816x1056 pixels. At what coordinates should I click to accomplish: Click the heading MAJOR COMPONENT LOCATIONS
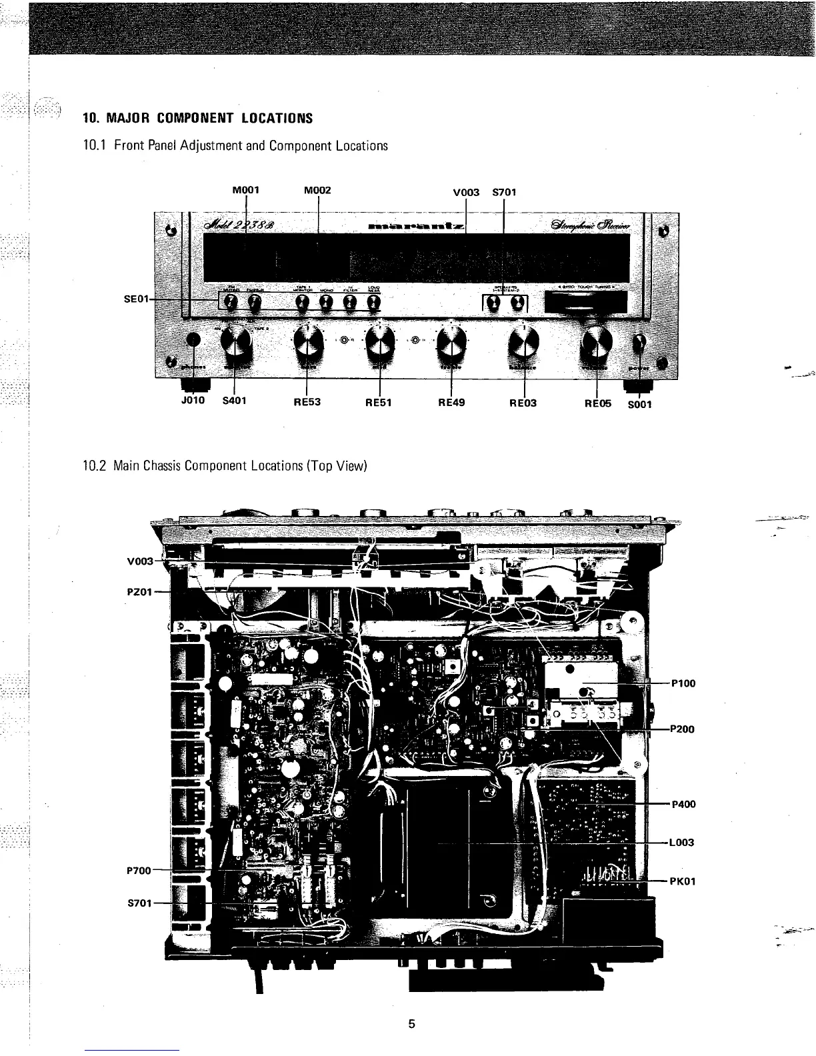tap(197, 119)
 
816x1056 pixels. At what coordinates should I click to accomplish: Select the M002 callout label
tap(317, 190)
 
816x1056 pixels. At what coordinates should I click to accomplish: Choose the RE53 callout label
tap(307, 402)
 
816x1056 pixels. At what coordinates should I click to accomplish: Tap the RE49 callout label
tap(451, 402)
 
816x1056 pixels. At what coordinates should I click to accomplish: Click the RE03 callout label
tap(523, 402)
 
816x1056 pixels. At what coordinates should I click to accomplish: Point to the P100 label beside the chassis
tap(683, 683)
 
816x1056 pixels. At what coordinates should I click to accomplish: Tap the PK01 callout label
tap(683, 881)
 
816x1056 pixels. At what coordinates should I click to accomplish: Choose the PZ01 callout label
tap(140, 591)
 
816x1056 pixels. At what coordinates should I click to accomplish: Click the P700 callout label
tap(139, 870)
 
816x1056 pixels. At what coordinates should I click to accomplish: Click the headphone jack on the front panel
tap(193, 340)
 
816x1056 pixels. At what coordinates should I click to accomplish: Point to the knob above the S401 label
tap(235, 344)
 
